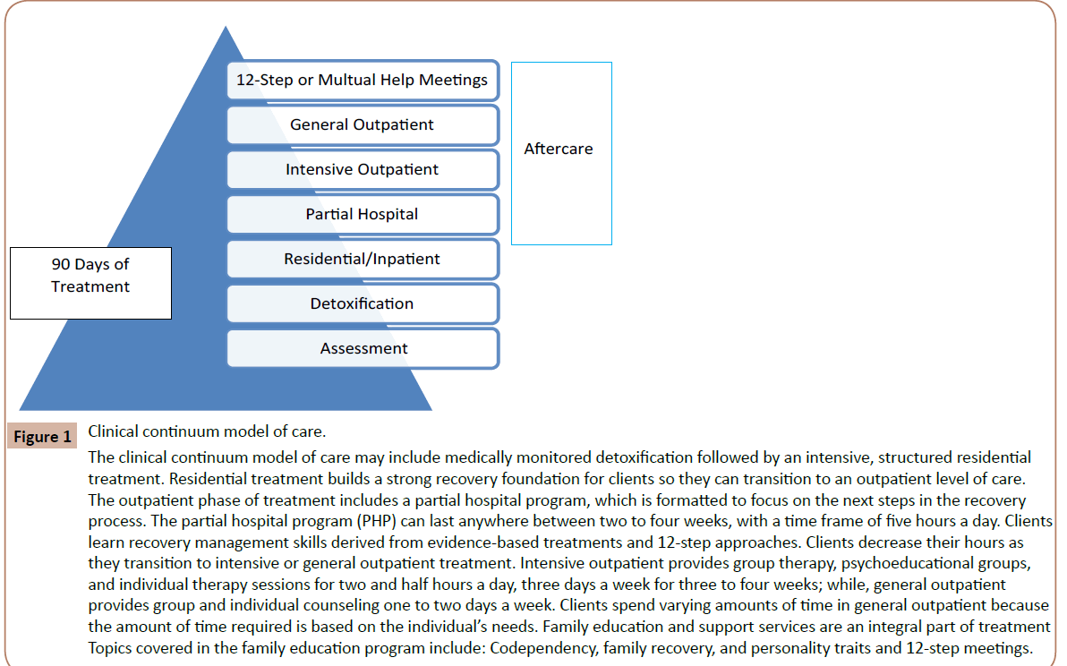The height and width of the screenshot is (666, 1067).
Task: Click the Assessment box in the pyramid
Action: [363, 348]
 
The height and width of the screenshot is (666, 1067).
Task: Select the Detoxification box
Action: [363, 303]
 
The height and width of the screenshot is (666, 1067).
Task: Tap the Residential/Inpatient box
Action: [363, 259]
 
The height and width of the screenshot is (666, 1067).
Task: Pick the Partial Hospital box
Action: [363, 214]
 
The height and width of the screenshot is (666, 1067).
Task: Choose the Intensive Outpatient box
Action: [363, 169]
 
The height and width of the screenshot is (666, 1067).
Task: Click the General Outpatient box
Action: [363, 124]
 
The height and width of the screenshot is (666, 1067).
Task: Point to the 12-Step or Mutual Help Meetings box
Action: [363, 80]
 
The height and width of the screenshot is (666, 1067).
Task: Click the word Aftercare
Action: [559, 149]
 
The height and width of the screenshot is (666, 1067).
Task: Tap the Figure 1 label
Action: [43, 437]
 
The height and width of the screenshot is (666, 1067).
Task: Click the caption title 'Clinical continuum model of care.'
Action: [201, 431]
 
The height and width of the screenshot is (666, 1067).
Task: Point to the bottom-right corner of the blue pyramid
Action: [431, 409]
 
